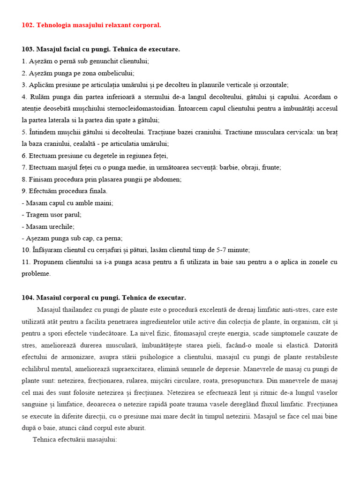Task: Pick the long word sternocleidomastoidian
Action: pos(141,108)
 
